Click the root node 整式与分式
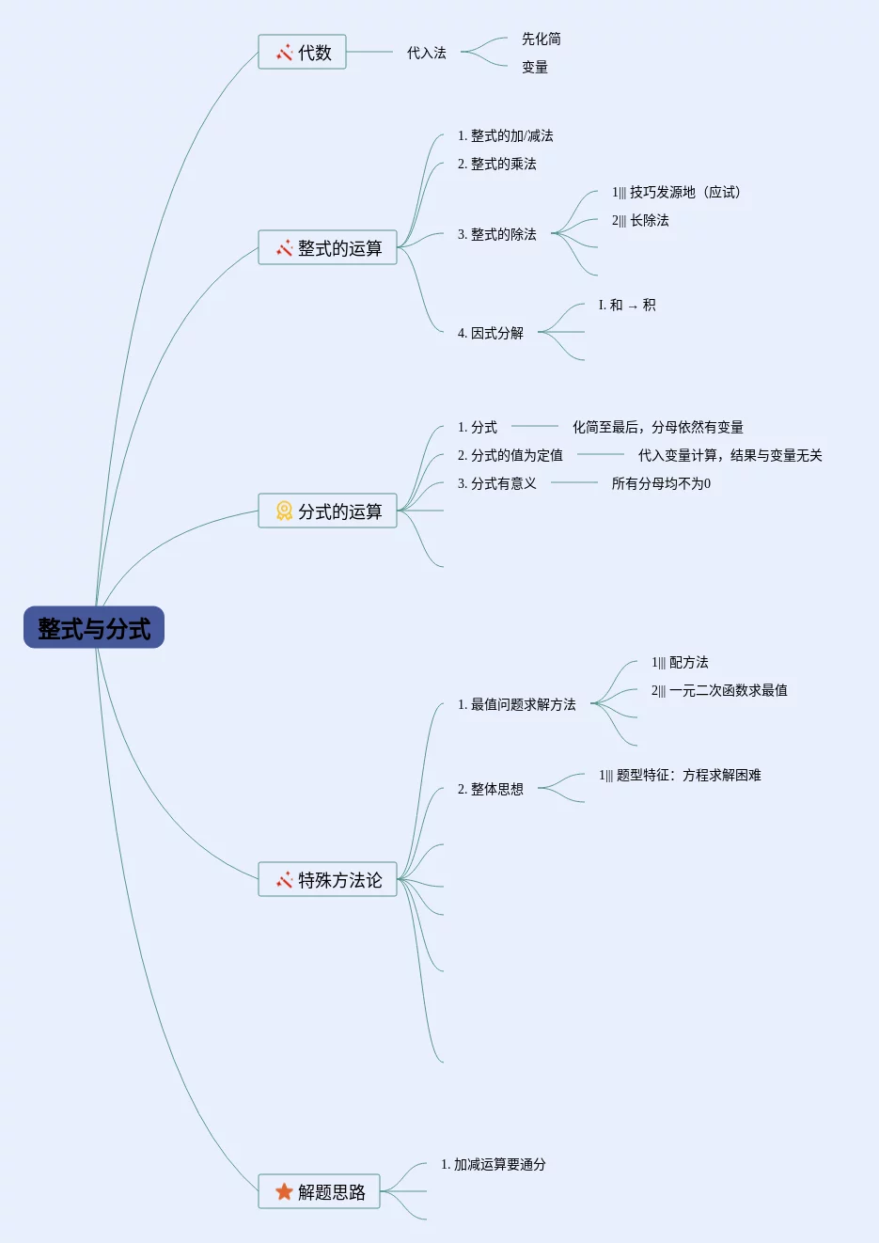(x=94, y=628)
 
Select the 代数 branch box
(x=302, y=53)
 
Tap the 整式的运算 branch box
(x=327, y=248)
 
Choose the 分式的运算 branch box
(x=327, y=511)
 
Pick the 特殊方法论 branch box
(x=327, y=880)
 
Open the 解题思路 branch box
(x=319, y=1192)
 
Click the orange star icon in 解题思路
(x=284, y=1192)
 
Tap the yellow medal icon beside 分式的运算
(x=284, y=511)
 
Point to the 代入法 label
(x=426, y=54)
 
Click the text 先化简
(x=542, y=39)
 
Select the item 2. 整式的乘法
(x=496, y=165)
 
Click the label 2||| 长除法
(x=640, y=221)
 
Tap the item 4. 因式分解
(x=490, y=334)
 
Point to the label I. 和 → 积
(x=627, y=306)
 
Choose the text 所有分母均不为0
(x=661, y=484)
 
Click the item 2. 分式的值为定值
(x=510, y=456)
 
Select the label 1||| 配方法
(x=680, y=663)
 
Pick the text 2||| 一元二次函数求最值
(x=719, y=691)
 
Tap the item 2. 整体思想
(x=490, y=790)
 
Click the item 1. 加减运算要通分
(x=493, y=1165)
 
